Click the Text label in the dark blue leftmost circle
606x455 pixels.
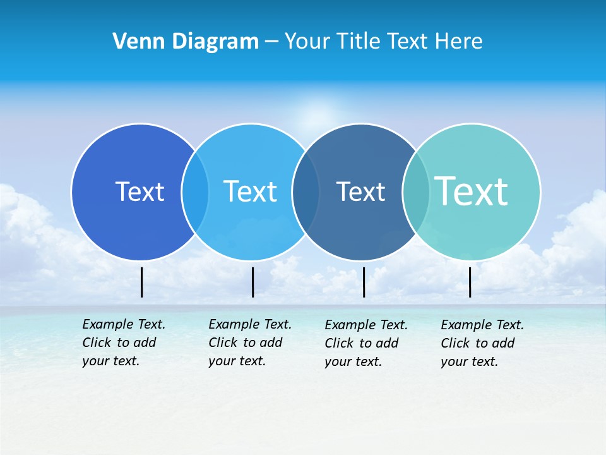pyautogui.click(x=140, y=191)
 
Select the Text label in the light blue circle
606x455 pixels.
pyautogui.click(x=250, y=191)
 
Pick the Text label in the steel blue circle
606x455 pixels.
pyautogui.click(x=360, y=191)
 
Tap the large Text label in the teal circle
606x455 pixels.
pyautogui.click(x=472, y=191)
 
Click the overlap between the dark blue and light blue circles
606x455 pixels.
pyautogui.click(x=195, y=192)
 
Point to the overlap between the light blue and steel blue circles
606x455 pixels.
pyautogui.click(x=306, y=192)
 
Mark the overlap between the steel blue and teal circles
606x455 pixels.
pyautogui.click(x=415, y=192)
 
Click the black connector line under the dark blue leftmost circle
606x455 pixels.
pyautogui.click(x=142, y=282)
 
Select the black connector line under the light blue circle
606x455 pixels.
pyautogui.click(x=252, y=282)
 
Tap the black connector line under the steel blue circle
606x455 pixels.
pyautogui.click(x=364, y=282)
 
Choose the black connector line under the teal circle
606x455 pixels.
pyautogui.click(x=470, y=282)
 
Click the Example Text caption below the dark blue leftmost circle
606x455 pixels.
pyautogui.click(x=123, y=343)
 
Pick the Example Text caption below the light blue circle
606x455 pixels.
pyautogui.click(x=249, y=343)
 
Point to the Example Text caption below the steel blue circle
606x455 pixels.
pyautogui.click(x=365, y=343)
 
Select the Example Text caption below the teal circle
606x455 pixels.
pyautogui.click(x=482, y=343)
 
